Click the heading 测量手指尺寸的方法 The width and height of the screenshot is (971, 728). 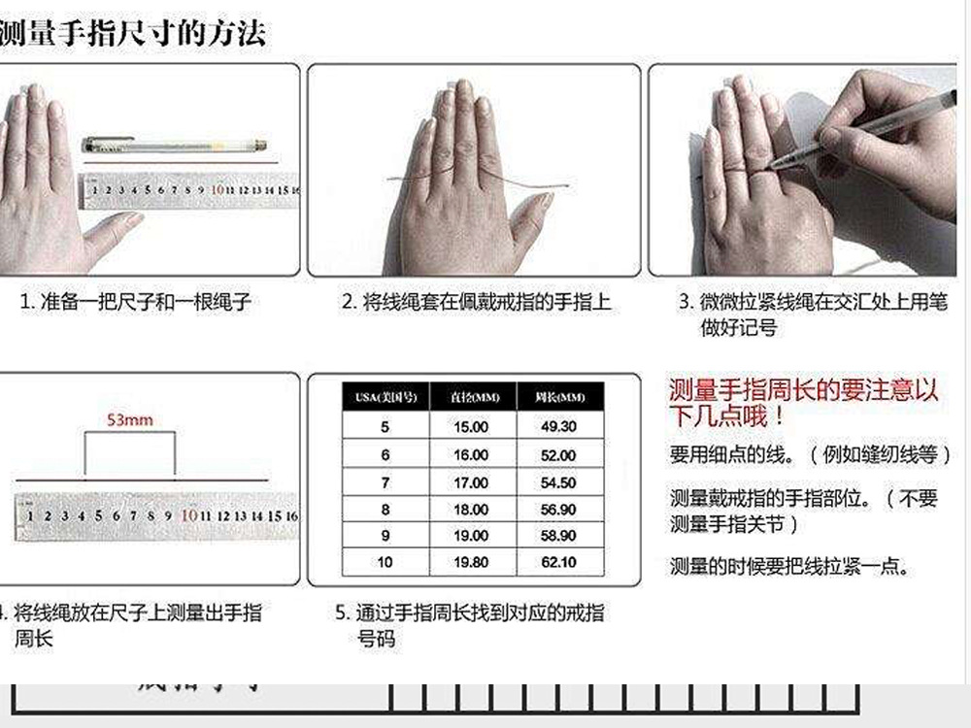click(x=133, y=32)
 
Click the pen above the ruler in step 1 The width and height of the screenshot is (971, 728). click(x=175, y=146)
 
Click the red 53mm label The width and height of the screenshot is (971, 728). click(x=129, y=420)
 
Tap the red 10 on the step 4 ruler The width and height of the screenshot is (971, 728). click(x=189, y=515)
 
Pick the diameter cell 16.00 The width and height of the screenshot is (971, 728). click(x=472, y=455)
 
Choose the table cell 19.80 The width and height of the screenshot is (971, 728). click(x=472, y=562)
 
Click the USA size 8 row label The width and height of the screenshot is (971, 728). click(x=385, y=510)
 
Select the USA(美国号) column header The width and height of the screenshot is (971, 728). click(x=385, y=398)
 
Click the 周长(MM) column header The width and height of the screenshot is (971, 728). click(x=559, y=398)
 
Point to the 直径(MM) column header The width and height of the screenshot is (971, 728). click(x=474, y=398)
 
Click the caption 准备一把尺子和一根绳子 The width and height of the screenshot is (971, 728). click(x=136, y=302)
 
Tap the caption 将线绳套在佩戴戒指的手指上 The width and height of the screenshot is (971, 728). click(x=476, y=302)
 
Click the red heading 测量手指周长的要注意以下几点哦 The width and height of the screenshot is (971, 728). click(x=804, y=404)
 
